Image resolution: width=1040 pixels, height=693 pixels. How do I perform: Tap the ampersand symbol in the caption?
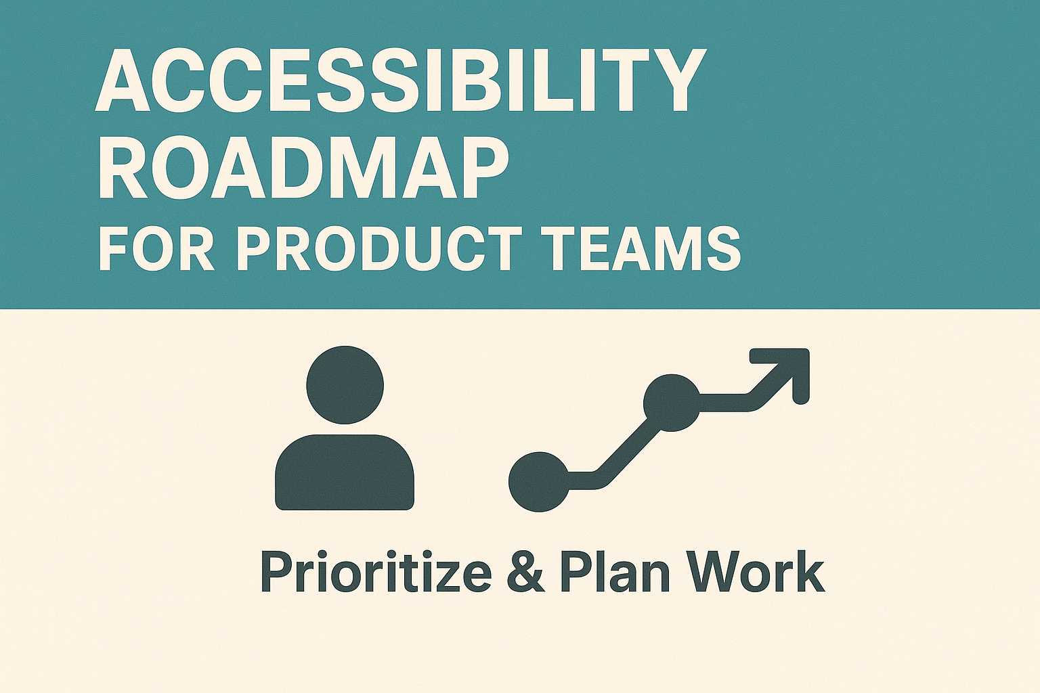point(525,573)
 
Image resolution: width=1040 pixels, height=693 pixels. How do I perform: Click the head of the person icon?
point(345,384)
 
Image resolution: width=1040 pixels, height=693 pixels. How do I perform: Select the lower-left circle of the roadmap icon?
point(539,481)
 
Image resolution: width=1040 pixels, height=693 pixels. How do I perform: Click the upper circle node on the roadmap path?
point(671,403)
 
